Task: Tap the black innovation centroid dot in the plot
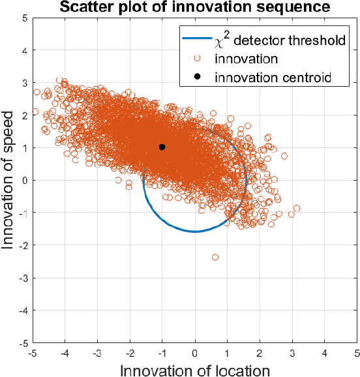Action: (162, 147)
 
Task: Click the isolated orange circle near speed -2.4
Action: (215, 257)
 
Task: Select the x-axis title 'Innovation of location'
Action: (195, 370)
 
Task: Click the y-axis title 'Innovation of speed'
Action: (9, 180)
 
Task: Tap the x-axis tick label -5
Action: (33, 352)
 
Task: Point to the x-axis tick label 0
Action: (195, 352)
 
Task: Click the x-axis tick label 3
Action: (292, 352)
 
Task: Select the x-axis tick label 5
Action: (357, 352)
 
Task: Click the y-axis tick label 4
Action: (23, 50)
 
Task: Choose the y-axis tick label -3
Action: (22, 278)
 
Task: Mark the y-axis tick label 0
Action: (23, 180)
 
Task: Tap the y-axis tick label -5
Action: (22, 342)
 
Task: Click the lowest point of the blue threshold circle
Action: (195, 232)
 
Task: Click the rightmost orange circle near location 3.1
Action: (297, 208)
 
